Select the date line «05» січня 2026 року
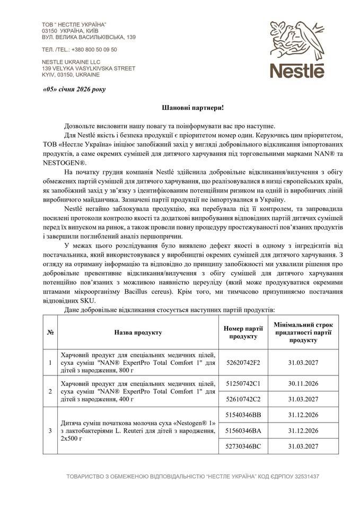74,89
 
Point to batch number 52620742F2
243,362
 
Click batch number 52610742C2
243,398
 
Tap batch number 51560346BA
243,431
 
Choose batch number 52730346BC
243,446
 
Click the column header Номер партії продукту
243,332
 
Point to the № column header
51,332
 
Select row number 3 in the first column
50,431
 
